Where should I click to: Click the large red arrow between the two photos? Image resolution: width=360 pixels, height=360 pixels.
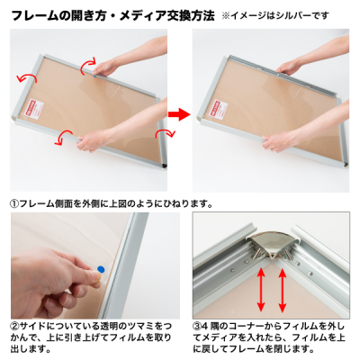coord(179,114)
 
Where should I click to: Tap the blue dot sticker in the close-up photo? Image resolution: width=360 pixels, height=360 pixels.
coord(101,269)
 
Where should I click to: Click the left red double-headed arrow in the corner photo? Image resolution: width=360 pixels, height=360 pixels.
coord(261,290)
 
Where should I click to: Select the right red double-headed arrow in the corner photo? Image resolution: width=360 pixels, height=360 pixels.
coord(282,290)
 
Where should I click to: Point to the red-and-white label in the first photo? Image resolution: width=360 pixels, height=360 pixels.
coord(34,110)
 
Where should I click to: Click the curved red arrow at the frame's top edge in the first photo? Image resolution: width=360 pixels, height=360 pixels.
coord(88,65)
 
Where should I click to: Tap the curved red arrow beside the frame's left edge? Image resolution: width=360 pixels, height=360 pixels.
coord(27,77)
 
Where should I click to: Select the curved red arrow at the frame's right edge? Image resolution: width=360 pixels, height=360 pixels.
coord(165,132)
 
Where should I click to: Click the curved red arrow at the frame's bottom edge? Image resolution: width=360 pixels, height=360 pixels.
coord(64,138)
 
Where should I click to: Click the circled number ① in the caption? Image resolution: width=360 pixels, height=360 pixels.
coord(14,204)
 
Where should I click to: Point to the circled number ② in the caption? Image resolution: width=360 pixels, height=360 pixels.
coord(15,326)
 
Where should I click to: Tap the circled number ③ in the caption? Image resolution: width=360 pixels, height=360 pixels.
coord(197,326)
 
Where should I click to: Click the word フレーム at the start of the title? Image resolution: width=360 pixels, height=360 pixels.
coord(33,16)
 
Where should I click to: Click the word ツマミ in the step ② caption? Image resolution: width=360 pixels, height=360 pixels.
coord(140,326)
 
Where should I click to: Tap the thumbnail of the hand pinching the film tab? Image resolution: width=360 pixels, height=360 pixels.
coord(95,265)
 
